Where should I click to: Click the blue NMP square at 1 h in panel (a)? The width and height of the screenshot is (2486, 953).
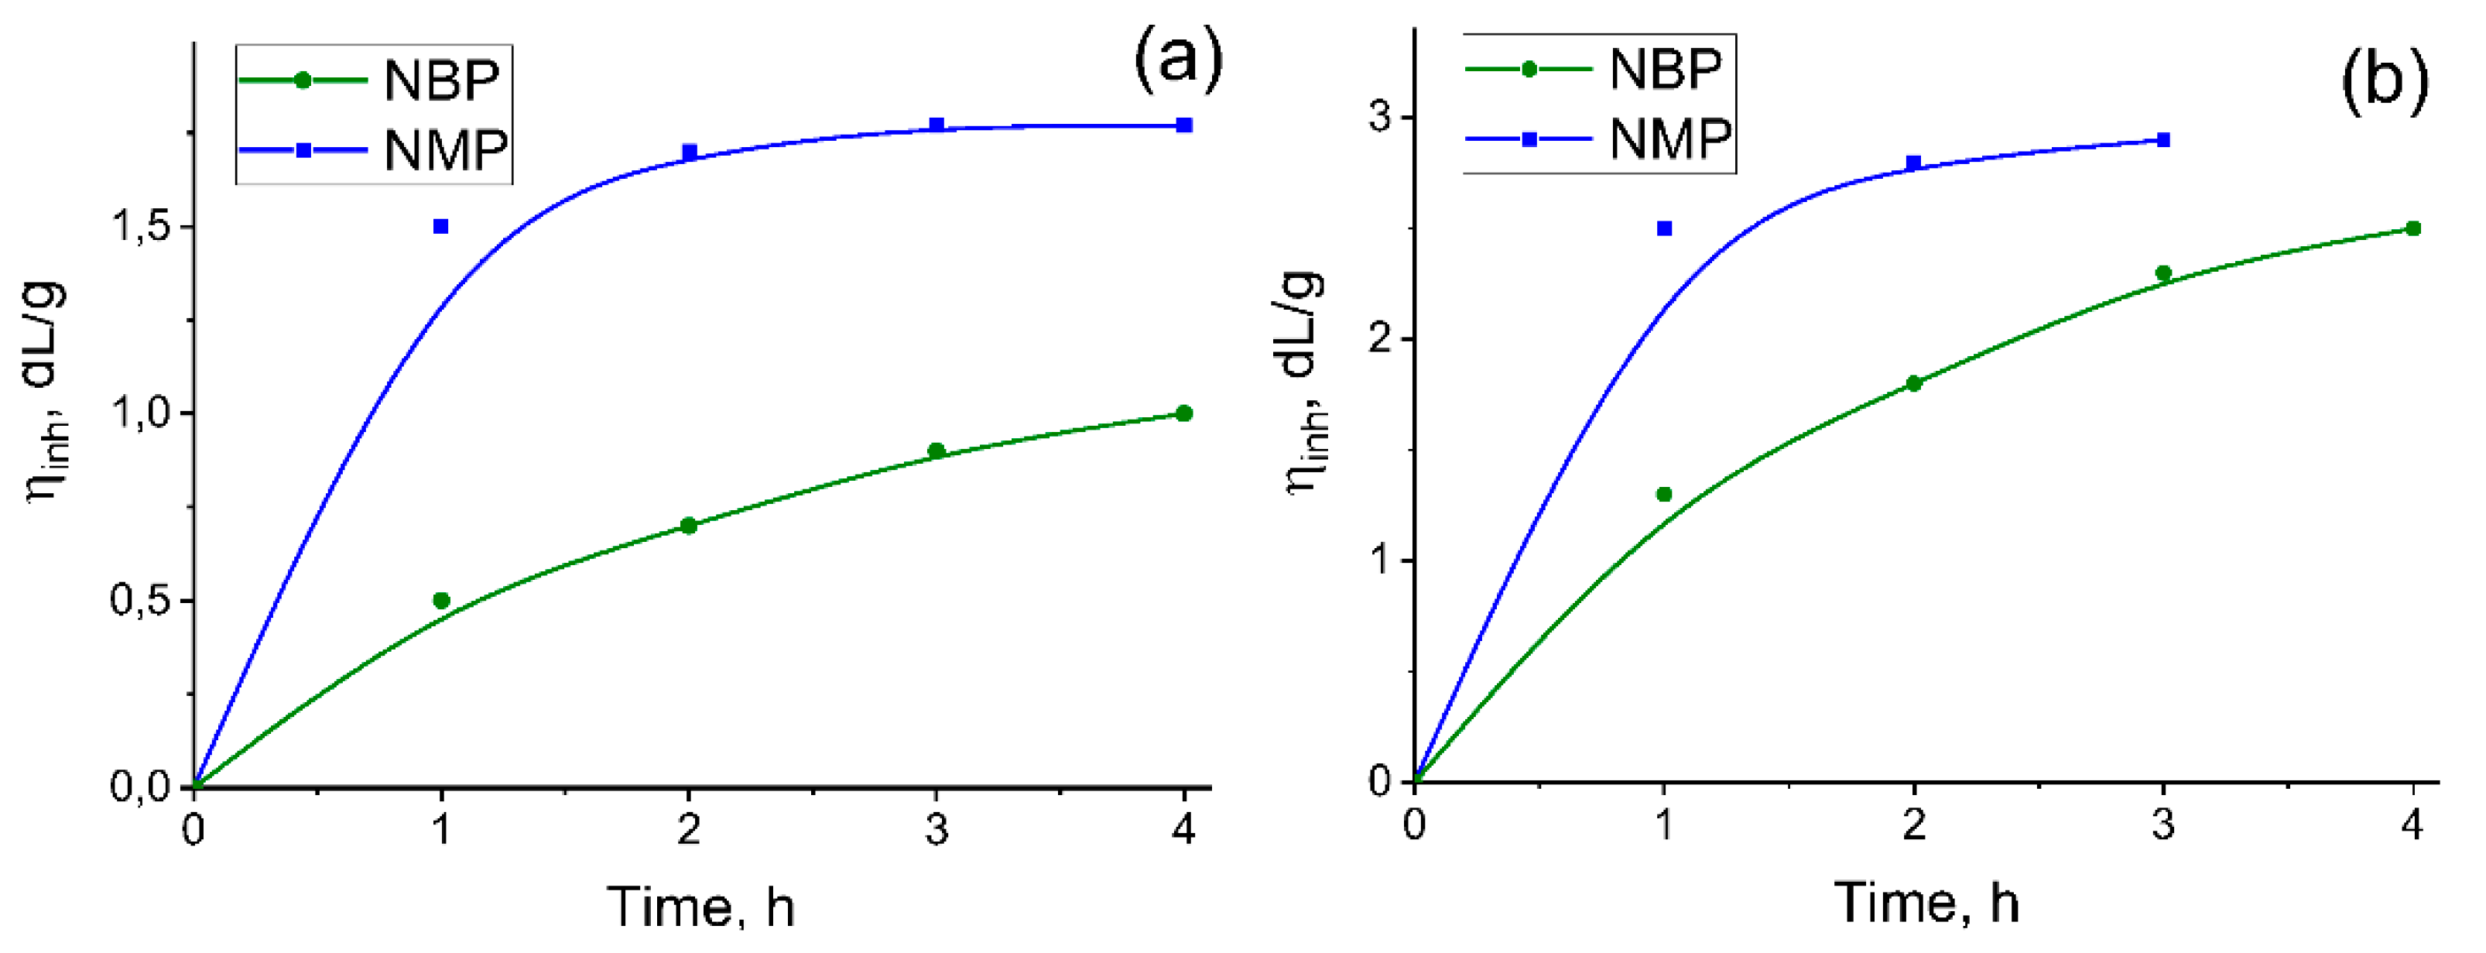pyautogui.click(x=441, y=226)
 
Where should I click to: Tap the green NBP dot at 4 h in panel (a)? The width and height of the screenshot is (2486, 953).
pyautogui.click(x=1184, y=413)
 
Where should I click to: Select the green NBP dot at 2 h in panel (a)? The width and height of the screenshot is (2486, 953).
pyautogui.click(x=688, y=525)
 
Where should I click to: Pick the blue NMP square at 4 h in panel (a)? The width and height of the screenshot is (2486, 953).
pyautogui.click(x=1184, y=125)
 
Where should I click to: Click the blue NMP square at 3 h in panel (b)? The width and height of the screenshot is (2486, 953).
pyautogui.click(x=2162, y=140)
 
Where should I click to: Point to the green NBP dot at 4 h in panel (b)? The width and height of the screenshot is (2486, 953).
pyautogui.click(x=2412, y=228)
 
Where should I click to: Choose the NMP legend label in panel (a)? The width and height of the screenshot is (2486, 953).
pyautogui.click(x=445, y=149)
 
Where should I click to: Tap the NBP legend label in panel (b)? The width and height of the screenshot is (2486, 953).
pyautogui.click(x=1666, y=69)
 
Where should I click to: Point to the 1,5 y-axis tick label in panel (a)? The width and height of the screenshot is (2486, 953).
pyautogui.click(x=140, y=227)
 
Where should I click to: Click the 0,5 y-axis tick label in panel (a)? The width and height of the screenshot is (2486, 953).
pyautogui.click(x=140, y=601)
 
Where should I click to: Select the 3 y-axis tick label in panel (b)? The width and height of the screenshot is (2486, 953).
pyautogui.click(x=1380, y=117)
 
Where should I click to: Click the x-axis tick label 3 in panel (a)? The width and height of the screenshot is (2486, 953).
pyautogui.click(x=936, y=828)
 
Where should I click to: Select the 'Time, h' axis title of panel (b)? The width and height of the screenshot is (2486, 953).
pyautogui.click(x=1926, y=902)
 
